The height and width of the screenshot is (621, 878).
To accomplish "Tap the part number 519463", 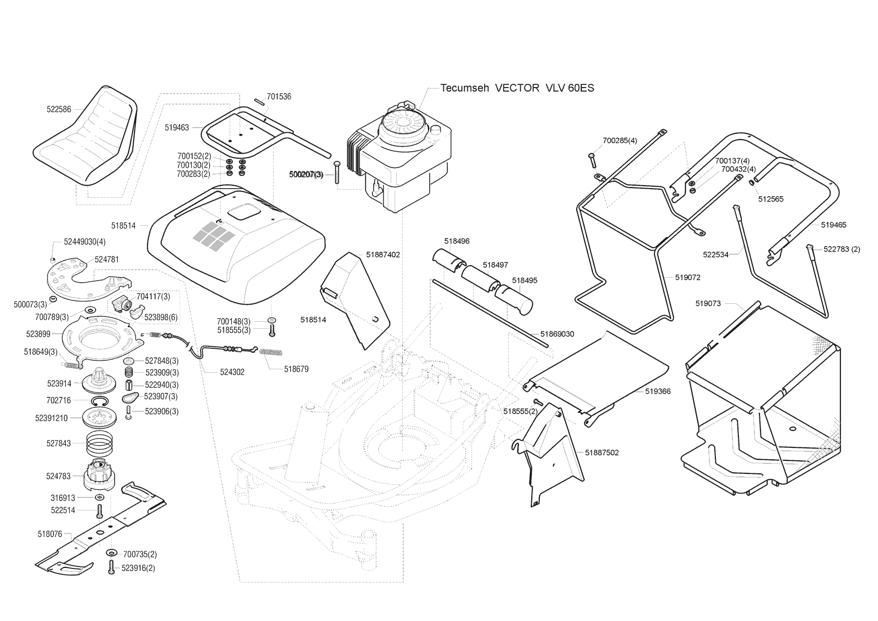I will pyautogui.click(x=177, y=128).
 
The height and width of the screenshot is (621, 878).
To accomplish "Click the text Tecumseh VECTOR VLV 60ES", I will pyautogui.click(x=517, y=88).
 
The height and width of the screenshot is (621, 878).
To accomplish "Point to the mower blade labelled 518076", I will pyautogui.click(x=100, y=535).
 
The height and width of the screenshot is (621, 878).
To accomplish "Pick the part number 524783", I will pyautogui.click(x=59, y=476).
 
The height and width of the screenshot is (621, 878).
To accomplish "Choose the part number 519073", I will pyautogui.click(x=708, y=303).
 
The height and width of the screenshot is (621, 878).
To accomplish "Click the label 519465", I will pyautogui.click(x=833, y=225).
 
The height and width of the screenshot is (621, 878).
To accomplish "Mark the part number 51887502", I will pyautogui.click(x=602, y=453).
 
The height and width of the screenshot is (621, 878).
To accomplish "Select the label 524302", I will pyautogui.click(x=232, y=372).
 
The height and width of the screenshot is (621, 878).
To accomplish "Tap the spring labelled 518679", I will pyautogui.click(x=272, y=352).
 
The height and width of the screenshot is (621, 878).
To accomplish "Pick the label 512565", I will pyautogui.click(x=771, y=199).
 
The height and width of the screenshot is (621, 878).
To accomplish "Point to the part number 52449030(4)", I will pyautogui.click(x=85, y=242).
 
